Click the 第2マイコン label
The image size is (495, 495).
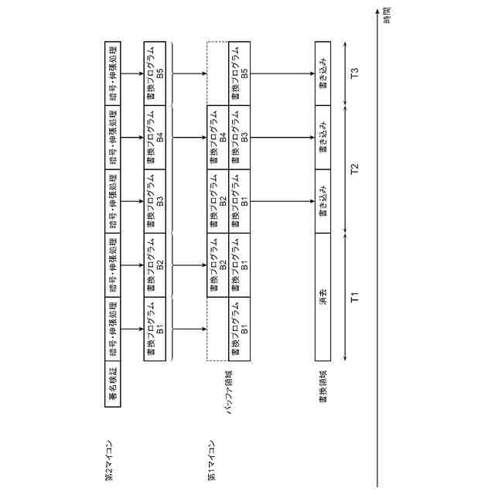click(x=109, y=463)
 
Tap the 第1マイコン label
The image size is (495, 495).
click(x=210, y=463)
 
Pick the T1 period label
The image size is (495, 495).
click(x=355, y=298)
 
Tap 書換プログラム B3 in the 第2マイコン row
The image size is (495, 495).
click(x=155, y=202)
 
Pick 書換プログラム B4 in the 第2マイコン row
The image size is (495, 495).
click(x=155, y=138)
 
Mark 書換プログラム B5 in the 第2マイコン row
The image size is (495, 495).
click(x=155, y=74)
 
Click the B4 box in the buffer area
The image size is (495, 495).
click(x=217, y=138)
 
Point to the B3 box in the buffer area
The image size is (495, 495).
click(x=240, y=138)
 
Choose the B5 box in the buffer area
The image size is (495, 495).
click(x=240, y=74)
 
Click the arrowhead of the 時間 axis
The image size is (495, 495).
click(x=377, y=12)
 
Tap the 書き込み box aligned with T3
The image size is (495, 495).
click(x=322, y=74)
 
